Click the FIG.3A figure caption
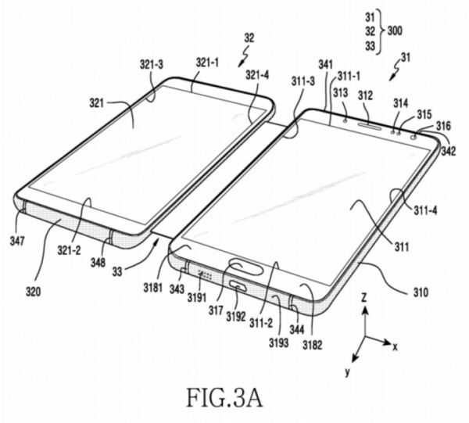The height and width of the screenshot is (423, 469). coord(224,398)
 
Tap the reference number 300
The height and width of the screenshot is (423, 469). coord(395,30)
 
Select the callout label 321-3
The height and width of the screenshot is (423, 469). coord(152,64)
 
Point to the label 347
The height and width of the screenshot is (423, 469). coord(17,240)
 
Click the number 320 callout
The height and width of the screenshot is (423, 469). coord(33,291)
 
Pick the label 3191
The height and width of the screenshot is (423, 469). coord(197,297)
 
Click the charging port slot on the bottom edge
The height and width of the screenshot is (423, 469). coord(238,287)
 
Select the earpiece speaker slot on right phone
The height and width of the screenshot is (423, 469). coord(370,125)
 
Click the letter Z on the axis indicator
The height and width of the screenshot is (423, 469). coord(364,298)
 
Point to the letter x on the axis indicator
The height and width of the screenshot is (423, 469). coord(396,347)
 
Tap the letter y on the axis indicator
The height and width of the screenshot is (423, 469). coord(347,372)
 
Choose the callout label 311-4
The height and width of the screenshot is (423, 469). coord(425,210)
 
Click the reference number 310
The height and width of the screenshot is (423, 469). coord(421,292)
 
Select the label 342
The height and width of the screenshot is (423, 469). coord(449,151)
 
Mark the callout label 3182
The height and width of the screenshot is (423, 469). coord(312,345)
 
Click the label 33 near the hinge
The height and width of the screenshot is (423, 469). coord(117,271)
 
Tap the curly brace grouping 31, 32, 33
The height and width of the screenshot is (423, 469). coord(380,31)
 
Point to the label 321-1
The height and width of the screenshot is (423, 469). coord(207,63)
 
